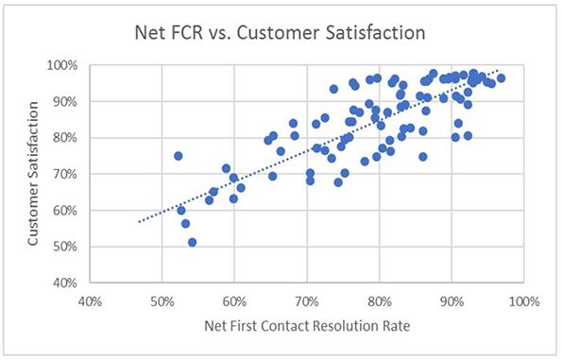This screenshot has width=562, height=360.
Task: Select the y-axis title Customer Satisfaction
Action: pyautogui.click(x=33, y=174)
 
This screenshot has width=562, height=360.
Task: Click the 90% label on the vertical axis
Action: pyautogui.click(x=72, y=102)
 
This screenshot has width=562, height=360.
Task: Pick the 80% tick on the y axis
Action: pyautogui.click(x=72, y=138)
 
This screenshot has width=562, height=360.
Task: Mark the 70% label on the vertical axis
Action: pyautogui.click(x=72, y=175)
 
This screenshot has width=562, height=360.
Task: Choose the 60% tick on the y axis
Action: pyautogui.click(x=72, y=211)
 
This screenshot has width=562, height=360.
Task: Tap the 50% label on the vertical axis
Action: pyautogui.click(x=72, y=248)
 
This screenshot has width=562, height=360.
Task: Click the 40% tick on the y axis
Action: pyautogui.click(x=72, y=283)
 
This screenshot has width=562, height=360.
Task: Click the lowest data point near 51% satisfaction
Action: pyautogui.click(x=192, y=243)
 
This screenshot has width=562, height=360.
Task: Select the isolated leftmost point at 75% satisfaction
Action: pyautogui.click(x=178, y=156)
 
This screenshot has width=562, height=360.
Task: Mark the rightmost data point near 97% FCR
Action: pyautogui.click(x=501, y=78)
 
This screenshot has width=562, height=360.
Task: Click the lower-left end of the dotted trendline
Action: pyautogui.click(x=139, y=222)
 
